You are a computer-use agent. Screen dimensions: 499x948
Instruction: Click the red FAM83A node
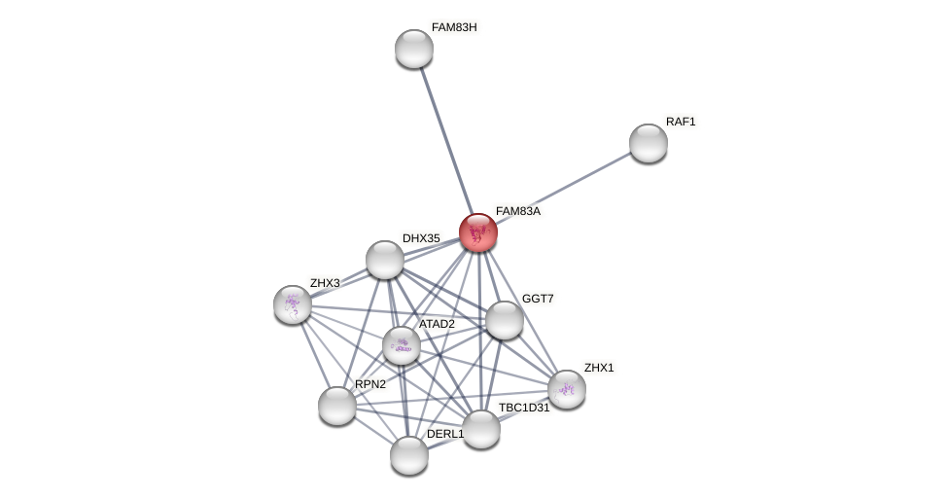coord(478,232)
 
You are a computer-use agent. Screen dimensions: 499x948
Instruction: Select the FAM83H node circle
coord(414,49)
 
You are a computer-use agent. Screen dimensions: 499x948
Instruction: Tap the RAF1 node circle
coord(649,143)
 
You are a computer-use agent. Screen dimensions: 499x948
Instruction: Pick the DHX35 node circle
coord(385,260)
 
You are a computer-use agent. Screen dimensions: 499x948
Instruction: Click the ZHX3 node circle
coord(293,304)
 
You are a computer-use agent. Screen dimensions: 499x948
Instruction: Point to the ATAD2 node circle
coord(402,345)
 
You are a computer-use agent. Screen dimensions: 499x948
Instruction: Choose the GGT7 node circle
coord(504,320)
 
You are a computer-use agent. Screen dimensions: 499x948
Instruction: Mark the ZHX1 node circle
coord(567,389)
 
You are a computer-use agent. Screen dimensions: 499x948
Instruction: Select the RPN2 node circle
coord(337,406)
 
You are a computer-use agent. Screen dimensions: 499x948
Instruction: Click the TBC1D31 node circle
coord(481,429)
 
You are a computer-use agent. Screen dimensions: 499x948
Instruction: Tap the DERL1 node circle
coord(409,454)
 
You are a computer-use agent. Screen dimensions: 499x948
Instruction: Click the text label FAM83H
coord(454,27)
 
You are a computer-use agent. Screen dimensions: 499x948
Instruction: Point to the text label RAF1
coord(681,122)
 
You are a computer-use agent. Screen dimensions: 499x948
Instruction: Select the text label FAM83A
coord(517,211)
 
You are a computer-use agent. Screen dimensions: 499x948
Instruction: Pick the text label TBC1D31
coord(524,408)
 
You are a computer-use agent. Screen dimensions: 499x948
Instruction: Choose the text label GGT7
coord(538,299)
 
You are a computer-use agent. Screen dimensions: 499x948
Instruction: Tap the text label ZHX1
coord(599,368)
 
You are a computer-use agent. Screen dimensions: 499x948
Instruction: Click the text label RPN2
coord(370,384)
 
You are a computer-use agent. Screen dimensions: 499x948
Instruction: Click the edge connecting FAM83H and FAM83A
coord(445,137)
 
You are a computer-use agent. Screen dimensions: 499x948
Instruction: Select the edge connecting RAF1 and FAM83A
coord(564,188)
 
